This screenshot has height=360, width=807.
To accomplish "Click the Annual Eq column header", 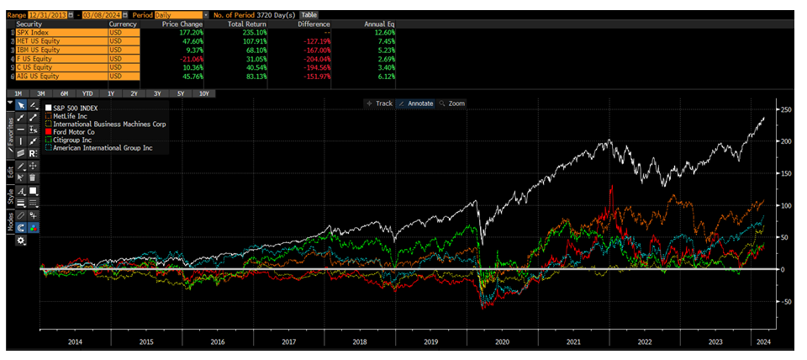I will pyautogui.click(x=379, y=24).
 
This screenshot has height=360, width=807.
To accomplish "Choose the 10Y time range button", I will pyautogui.click(x=203, y=93).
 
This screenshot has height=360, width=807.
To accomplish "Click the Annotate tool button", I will pyautogui.click(x=416, y=103).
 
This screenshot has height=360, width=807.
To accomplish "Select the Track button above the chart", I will pyautogui.click(x=379, y=103).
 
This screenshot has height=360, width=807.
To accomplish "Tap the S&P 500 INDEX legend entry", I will pyautogui.click(x=76, y=109).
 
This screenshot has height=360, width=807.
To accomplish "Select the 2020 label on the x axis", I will pyautogui.click(x=502, y=342).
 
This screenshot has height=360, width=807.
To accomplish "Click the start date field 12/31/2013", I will pyautogui.click(x=46, y=14).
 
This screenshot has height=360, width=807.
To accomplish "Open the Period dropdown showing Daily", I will pyautogui.click(x=178, y=14).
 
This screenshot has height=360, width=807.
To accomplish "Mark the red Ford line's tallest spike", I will pyautogui.click(x=612, y=186).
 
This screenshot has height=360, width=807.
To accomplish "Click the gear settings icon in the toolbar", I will pyautogui.click(x=20, y=241).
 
